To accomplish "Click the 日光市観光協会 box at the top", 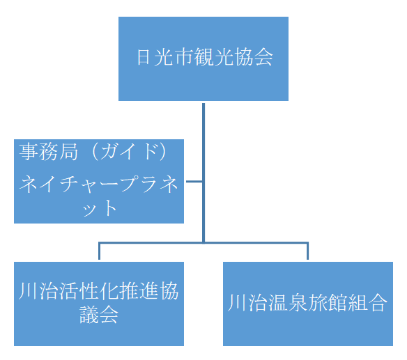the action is click(203, 58).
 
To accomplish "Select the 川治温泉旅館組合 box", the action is click(308, 304).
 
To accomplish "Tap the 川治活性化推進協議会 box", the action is click(99, 304).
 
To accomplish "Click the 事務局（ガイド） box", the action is click(99, 181).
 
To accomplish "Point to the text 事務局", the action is click(49, 152).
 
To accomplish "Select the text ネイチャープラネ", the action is click(99, 184).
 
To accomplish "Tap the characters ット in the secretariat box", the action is click(99, 208).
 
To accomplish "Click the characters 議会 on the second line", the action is click(99, 315).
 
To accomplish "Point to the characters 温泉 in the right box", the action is click(288, 303).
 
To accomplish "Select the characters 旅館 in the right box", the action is click(328, 303).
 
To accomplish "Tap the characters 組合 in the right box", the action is click(367, 303).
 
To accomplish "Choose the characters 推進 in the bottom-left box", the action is click(139, 291).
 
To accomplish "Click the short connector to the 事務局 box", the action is click(194, 181).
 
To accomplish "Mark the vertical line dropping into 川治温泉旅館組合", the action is click(307, 251).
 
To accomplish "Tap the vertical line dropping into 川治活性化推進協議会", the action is click(99, 251).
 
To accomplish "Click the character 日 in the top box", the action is click(144, 57).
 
